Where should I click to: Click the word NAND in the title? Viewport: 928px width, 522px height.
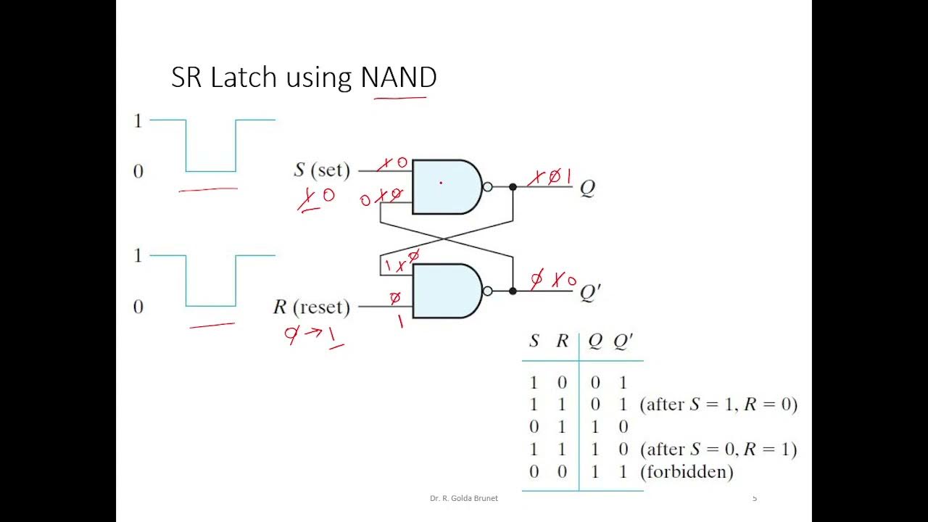point(399,77)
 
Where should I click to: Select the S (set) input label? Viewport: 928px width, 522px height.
point(321,170)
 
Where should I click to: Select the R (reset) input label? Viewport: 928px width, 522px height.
point(311,307)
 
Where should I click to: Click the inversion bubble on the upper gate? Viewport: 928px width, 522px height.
point(487,187)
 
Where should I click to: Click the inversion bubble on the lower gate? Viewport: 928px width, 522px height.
point(487,291)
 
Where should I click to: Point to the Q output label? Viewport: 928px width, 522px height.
point(587,188)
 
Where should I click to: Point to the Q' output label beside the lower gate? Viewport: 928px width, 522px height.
point(589,292)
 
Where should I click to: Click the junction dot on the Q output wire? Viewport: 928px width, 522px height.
point(513,187)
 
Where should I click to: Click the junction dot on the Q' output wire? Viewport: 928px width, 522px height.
point(513,291)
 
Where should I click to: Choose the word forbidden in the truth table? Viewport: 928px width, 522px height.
point(687,472)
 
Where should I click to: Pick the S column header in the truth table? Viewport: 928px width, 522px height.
point(534,341)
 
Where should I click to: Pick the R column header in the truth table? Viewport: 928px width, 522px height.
point(562,341)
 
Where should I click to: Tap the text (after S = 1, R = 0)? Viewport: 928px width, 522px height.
point(718,405)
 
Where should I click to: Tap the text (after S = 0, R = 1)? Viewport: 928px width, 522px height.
point(718,449)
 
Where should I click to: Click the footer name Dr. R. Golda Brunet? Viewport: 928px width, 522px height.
point(463,498)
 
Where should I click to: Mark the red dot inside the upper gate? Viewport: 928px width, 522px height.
point(441,183)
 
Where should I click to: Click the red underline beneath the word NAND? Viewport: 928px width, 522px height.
point(400,96)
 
